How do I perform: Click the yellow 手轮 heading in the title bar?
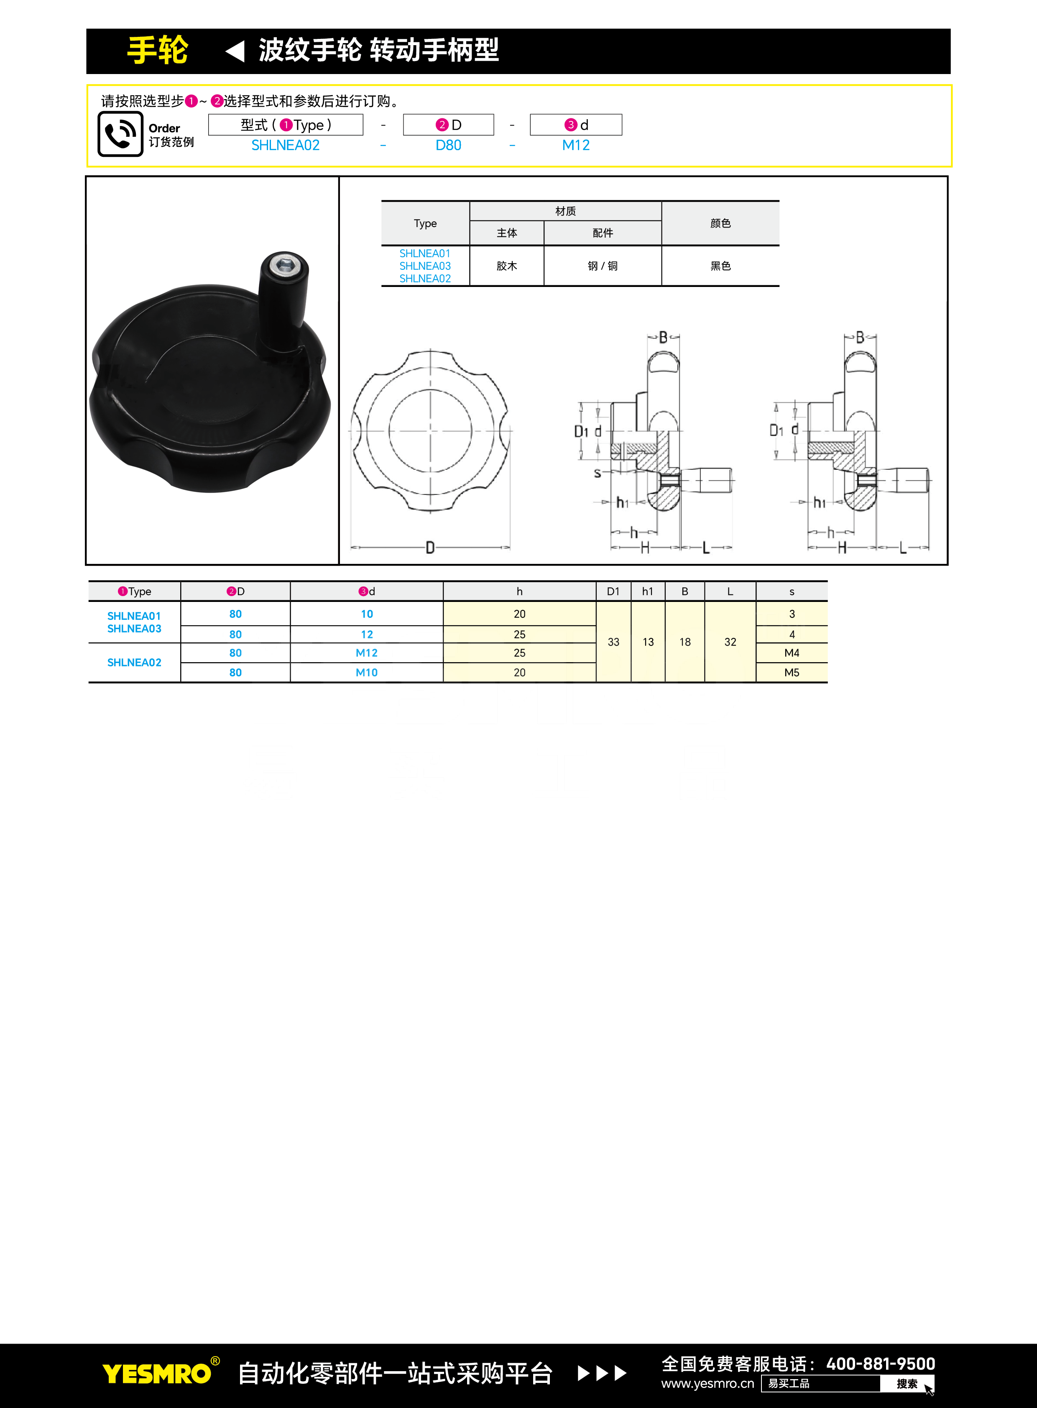tap(158, 50)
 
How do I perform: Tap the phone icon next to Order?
tap(120, 134)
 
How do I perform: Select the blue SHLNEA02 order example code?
tap(286, 145)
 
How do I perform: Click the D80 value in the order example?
tap(448, 145)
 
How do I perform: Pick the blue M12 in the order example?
tap(576, 145)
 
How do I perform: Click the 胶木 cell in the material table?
tap(506, 266)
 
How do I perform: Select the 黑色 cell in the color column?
tap(720, 266)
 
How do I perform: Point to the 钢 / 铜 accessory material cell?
tap(603, 266)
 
